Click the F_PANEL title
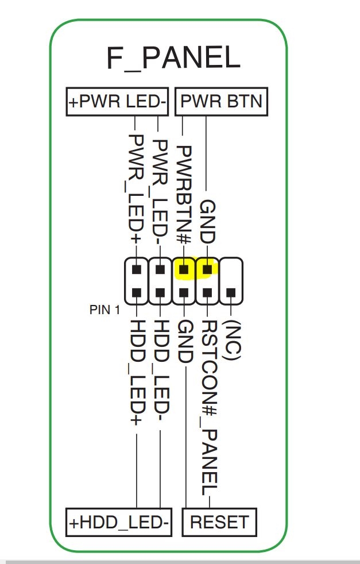pos(173,58)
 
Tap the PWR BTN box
pos(221,102)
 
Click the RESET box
pos(219,523)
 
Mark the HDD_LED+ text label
pos(136,373)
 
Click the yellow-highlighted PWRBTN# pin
pos(184,268)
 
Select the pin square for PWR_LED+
pos(137,269)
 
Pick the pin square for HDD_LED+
pos(137,293)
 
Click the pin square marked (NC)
pos(231,293)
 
